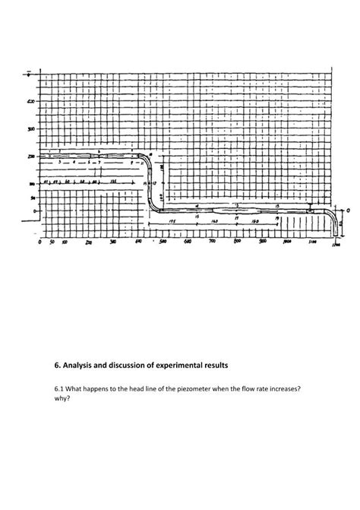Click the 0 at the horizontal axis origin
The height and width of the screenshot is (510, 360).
pyautogui.click(x=39, y=243)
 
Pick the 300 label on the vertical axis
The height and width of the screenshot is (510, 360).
pyautogui.click(x=31, y=130)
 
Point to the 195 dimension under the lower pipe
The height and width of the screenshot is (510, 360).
pyautogui.click(x=173, y=221)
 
